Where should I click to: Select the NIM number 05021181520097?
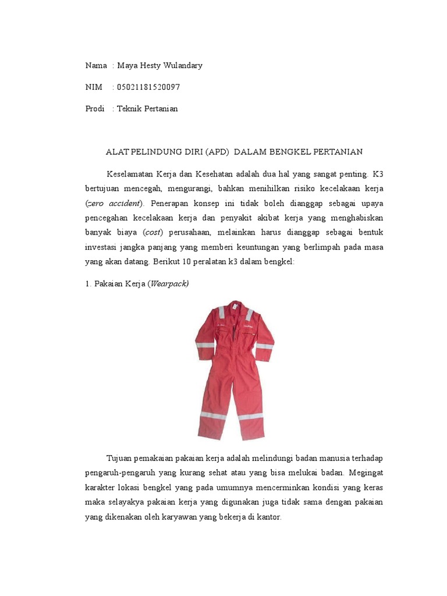(148, 87)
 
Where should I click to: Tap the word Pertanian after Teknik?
(157, 109)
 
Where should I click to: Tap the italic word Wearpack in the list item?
(169, 284)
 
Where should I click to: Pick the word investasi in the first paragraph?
(102, 247)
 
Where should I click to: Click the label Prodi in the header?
(95, 109)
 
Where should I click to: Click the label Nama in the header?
(96, 66)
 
